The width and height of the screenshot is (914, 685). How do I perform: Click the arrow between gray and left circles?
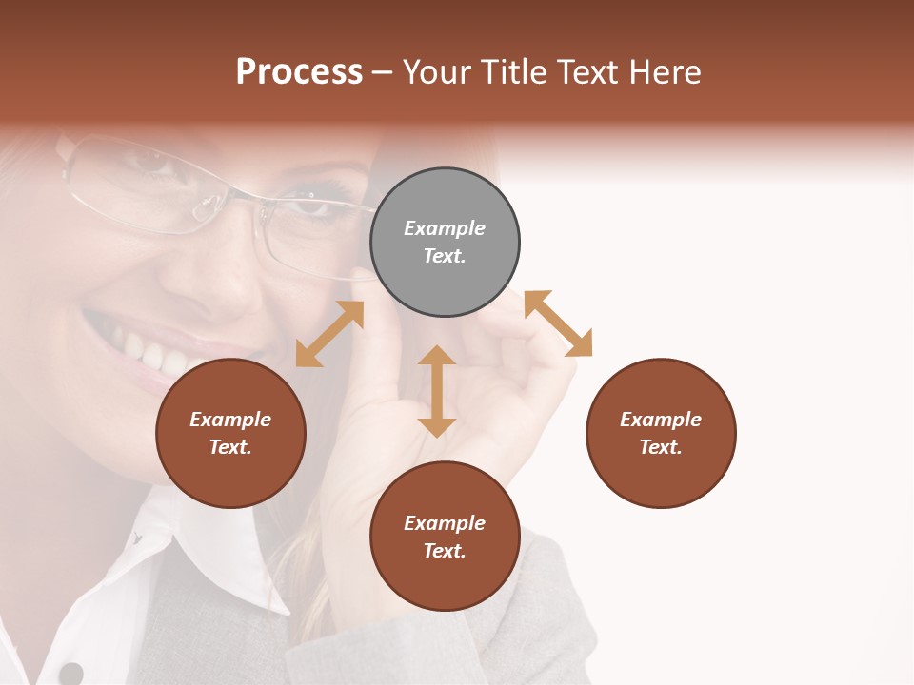[329, 334]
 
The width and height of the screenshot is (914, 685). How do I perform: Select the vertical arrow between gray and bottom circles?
[437, 391]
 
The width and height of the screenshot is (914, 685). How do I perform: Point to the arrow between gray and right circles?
[558, 323]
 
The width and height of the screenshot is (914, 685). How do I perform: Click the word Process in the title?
[299, 72]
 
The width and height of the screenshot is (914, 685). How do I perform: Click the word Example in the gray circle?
[445, 228]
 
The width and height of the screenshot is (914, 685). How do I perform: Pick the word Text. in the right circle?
[661, 447]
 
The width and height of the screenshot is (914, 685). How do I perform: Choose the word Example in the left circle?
[230, 420]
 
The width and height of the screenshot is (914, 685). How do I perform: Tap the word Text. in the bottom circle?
[445, 551]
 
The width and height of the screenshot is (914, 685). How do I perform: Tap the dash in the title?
[383, 72]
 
